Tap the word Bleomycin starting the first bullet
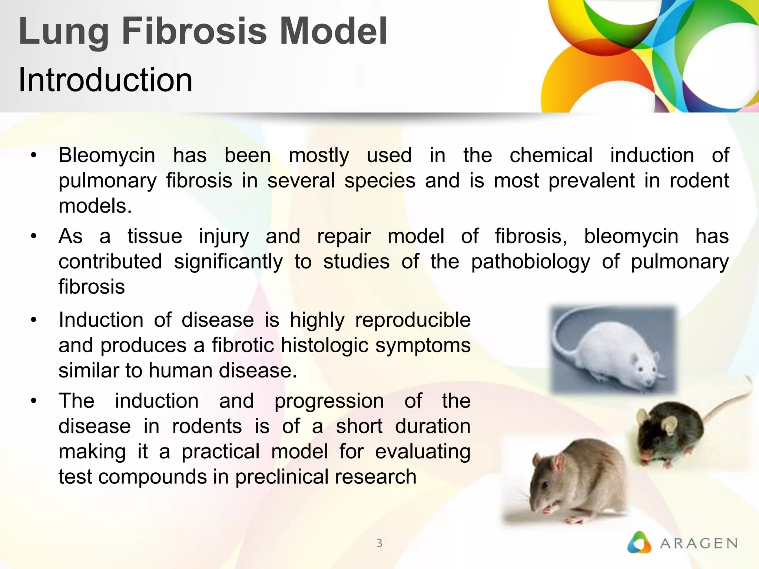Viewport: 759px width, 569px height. pyautogui.click(x=107, y=155)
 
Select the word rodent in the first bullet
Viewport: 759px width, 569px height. pyautogui.click(x=699, y=181)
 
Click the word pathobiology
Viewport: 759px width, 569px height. pyautogui.click(x=530, y=262)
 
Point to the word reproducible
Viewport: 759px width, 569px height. pyautogui.click(x=412, y=320)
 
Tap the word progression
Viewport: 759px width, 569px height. pyautogui.click(x=329, y=401)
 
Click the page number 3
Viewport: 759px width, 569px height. pyautogui.click(x=379, y=543)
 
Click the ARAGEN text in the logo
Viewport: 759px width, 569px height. pyautogui.click(x=699, y=543)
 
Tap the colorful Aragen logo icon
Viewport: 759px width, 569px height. pyautogui.click(x=639, y=543)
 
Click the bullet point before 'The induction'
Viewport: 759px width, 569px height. pyautogui.click(x=34, y=401)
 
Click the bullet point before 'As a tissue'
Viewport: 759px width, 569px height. pyautogui.click(x=34, y=236)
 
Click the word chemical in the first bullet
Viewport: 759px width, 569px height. pyautogui.click(x=551, y=155)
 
